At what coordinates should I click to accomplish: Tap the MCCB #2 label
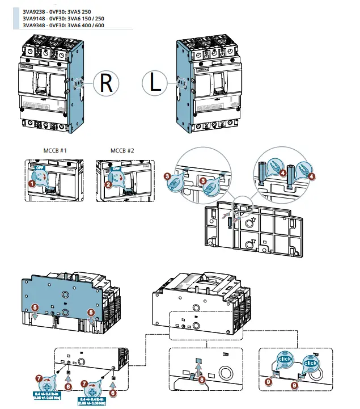coord(122,151)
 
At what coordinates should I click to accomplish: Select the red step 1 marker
coord(32,183)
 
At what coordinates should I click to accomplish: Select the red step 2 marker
coord(109,183)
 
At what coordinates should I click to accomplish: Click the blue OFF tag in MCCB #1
coord(39,168)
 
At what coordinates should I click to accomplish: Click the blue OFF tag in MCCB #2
coord(116,168)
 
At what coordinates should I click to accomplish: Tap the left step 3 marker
coord(168,177)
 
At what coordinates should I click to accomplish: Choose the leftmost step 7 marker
coord(38,377)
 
